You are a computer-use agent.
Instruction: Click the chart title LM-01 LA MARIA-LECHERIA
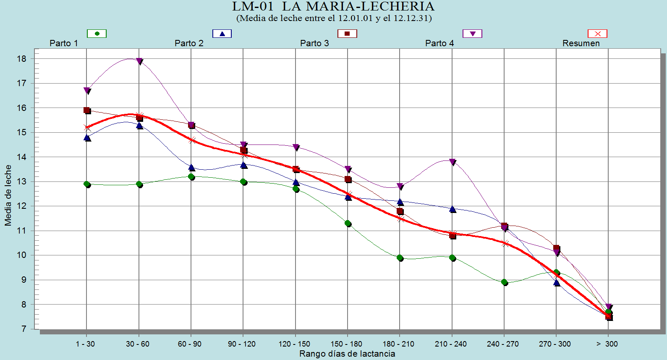[x=333, y=6]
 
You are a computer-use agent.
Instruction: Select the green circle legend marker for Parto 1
[x=97, y=34]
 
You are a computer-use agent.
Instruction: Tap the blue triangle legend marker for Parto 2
[x=222, y=34]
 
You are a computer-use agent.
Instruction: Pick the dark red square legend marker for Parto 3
[x=347, y=34]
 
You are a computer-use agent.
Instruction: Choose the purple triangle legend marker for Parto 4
[x=472, y=34]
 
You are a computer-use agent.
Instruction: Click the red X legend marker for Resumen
[x=597, y=34]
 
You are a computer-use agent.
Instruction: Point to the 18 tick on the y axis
[x=21, y=59]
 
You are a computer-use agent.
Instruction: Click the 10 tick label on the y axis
[x=21, y=255]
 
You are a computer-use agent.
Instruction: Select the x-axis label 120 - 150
[x=294, y=344]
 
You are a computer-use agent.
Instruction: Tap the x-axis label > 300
[x=607, y=344]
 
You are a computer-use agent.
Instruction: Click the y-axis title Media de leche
[x=8, y=195]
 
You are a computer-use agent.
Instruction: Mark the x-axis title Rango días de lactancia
[x=347, y=354]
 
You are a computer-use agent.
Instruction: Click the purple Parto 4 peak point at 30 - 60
[x=139, y=61]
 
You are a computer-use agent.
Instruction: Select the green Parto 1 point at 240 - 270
[x=504, y=282]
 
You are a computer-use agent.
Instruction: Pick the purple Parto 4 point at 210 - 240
[x=452, y=162]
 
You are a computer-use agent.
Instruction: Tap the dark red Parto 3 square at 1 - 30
[x=87, y=110]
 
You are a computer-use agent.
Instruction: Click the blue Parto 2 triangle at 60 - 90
[x=191, y=168]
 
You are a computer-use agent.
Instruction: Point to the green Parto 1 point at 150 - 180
[x=348, y=223]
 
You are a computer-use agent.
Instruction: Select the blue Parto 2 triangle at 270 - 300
[x=557, y=283]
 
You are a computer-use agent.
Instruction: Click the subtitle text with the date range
[x=334, y=18]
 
